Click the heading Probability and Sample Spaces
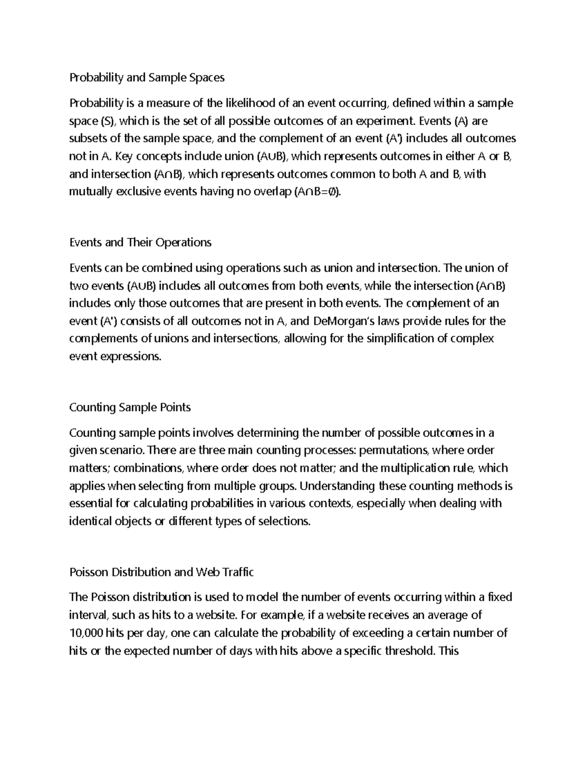pos(147,78)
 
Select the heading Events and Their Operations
pos(140,242)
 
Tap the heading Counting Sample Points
pos(130,407)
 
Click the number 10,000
pos(86,633)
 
